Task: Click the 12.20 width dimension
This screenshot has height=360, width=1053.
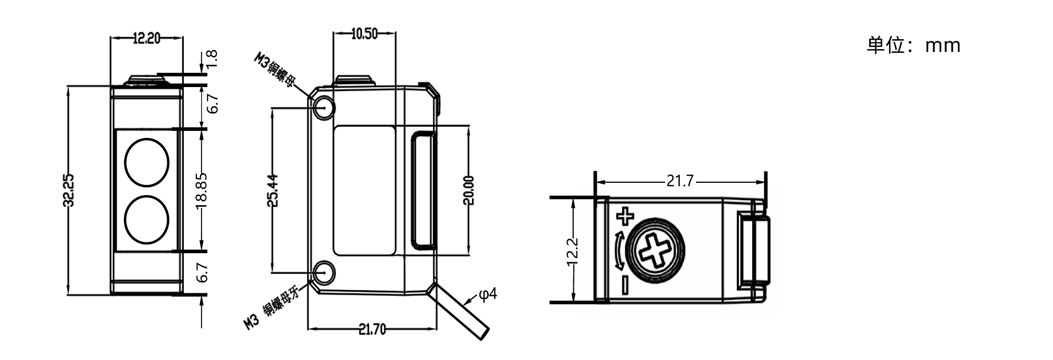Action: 146,38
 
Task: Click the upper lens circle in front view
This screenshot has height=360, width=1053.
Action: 147,162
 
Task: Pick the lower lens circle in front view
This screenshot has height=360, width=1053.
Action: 147,219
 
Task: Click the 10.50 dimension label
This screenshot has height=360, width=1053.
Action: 364,34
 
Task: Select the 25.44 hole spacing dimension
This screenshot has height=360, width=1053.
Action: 273,190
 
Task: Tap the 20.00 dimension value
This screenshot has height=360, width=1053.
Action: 468,190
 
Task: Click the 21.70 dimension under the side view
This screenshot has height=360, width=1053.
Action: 372,330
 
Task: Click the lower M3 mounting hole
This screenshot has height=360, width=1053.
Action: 324,272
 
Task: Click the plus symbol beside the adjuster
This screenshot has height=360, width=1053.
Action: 625,216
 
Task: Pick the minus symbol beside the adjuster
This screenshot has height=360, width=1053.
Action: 625,285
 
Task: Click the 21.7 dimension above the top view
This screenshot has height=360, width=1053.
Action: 680,181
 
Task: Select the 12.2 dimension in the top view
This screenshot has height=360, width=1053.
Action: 572,252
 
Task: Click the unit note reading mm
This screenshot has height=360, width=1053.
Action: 943,46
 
